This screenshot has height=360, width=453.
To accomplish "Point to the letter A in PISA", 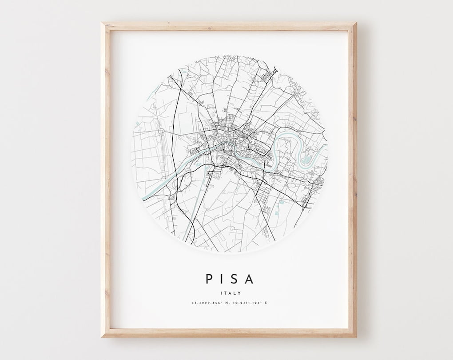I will point(250,279).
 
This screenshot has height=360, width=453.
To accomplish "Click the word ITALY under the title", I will point(230,293).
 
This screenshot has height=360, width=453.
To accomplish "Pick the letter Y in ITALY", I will point(239,293).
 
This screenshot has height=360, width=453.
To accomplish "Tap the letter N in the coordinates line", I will point(226,303).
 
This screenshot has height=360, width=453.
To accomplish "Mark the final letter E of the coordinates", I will point(266,303).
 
